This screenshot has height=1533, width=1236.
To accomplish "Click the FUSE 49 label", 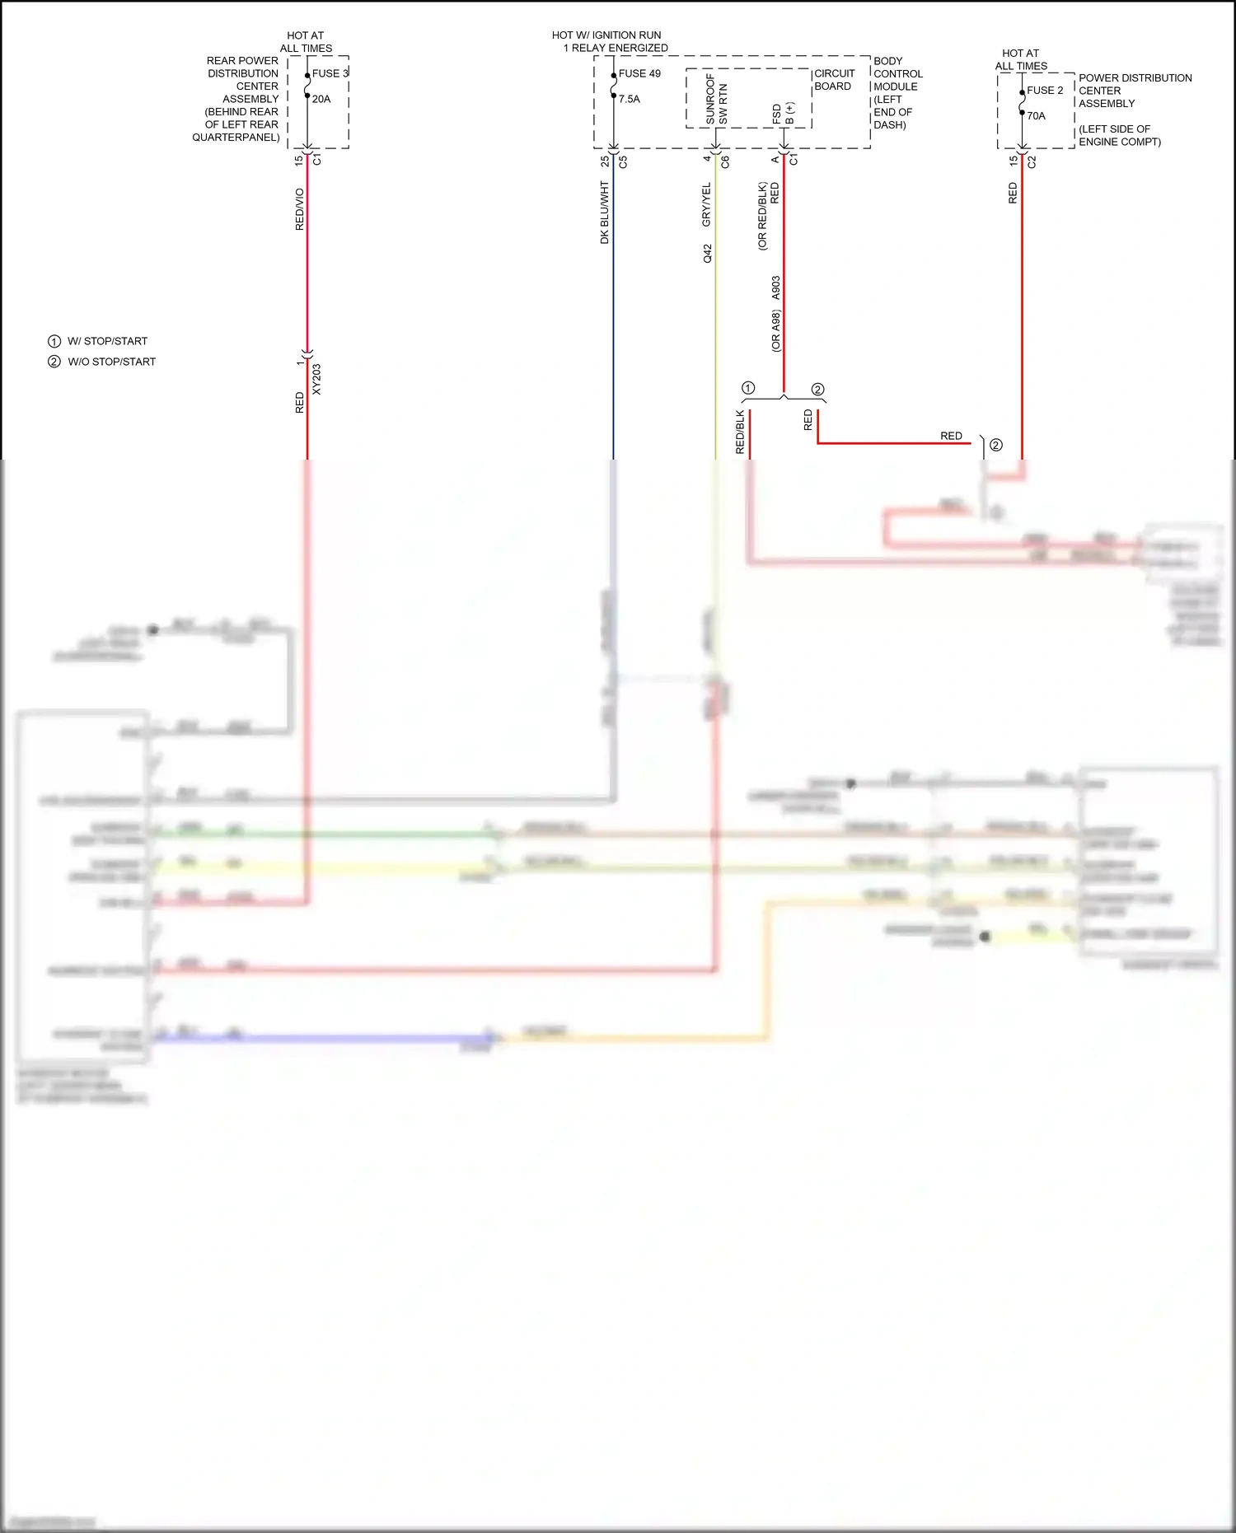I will (639, 73).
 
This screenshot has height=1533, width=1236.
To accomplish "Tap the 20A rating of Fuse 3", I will (321, 99).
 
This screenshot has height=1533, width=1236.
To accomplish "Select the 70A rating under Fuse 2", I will (1036, 116).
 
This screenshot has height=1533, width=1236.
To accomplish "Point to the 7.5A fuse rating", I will (630, 99).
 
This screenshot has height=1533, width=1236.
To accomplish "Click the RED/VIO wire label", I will (300, 209).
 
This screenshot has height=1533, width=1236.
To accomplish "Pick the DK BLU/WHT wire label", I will (605, 213).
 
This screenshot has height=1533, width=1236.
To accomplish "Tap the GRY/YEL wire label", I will (706, 205).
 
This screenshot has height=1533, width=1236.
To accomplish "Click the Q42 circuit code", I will (707, 254).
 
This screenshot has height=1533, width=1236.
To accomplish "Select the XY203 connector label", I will (317, 379).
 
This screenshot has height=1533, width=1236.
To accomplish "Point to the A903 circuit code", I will (775, 288).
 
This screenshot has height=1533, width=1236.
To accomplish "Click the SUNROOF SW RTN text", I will (716, 100).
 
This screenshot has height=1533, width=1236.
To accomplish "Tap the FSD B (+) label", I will (783, 114).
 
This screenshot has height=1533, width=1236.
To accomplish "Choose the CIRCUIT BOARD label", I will (834, 80).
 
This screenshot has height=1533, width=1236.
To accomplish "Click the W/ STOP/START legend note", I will (107, 341).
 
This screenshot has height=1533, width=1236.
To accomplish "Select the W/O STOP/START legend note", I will (111, 362).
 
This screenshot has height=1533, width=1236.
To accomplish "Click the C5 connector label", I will (623, 162).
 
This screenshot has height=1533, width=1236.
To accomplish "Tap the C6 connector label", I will (725, 162).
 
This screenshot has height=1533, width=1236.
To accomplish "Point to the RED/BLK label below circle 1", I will (740, 432).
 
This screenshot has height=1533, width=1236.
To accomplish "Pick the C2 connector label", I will (1032, 162).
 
